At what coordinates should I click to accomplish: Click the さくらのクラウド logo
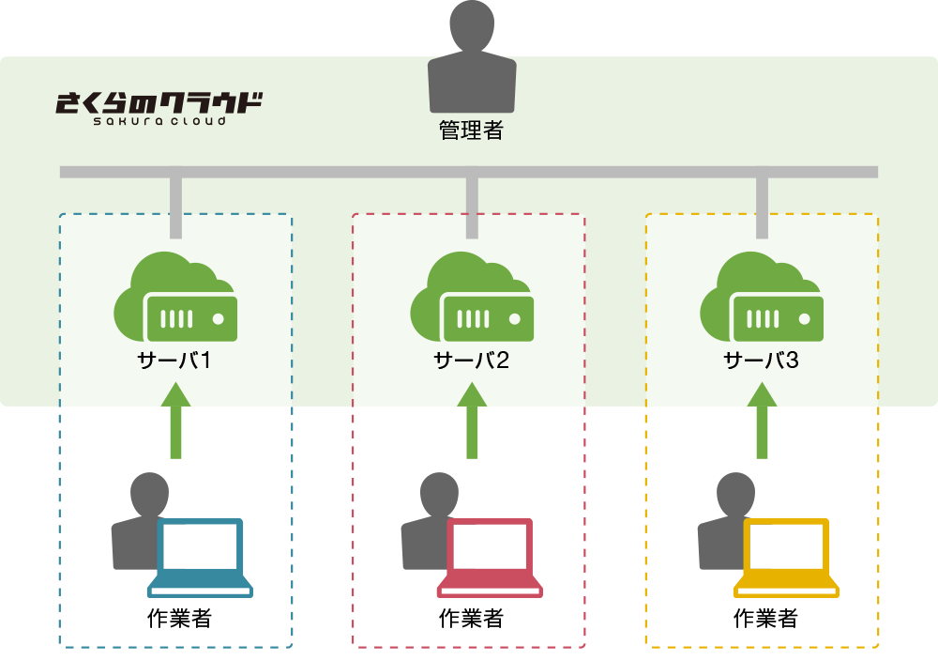click(x=159, y=106)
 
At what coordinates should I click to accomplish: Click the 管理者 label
click(x=472, y=130)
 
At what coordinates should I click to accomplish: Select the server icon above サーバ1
click(x=176, y=299)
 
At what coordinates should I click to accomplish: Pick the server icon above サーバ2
click(x=472, y=299)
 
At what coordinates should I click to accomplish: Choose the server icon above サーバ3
click(x=762, y=299)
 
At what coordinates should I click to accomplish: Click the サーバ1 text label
click(x=175, y=361)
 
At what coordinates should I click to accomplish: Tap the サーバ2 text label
click(x=471, y=361)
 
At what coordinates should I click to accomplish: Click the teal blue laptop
click(x=200, y=558)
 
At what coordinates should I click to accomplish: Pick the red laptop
click(x=491, y=558)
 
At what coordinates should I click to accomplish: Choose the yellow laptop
click(x=786, y=558)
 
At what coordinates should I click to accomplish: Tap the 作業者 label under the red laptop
click(x=472, y=619)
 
